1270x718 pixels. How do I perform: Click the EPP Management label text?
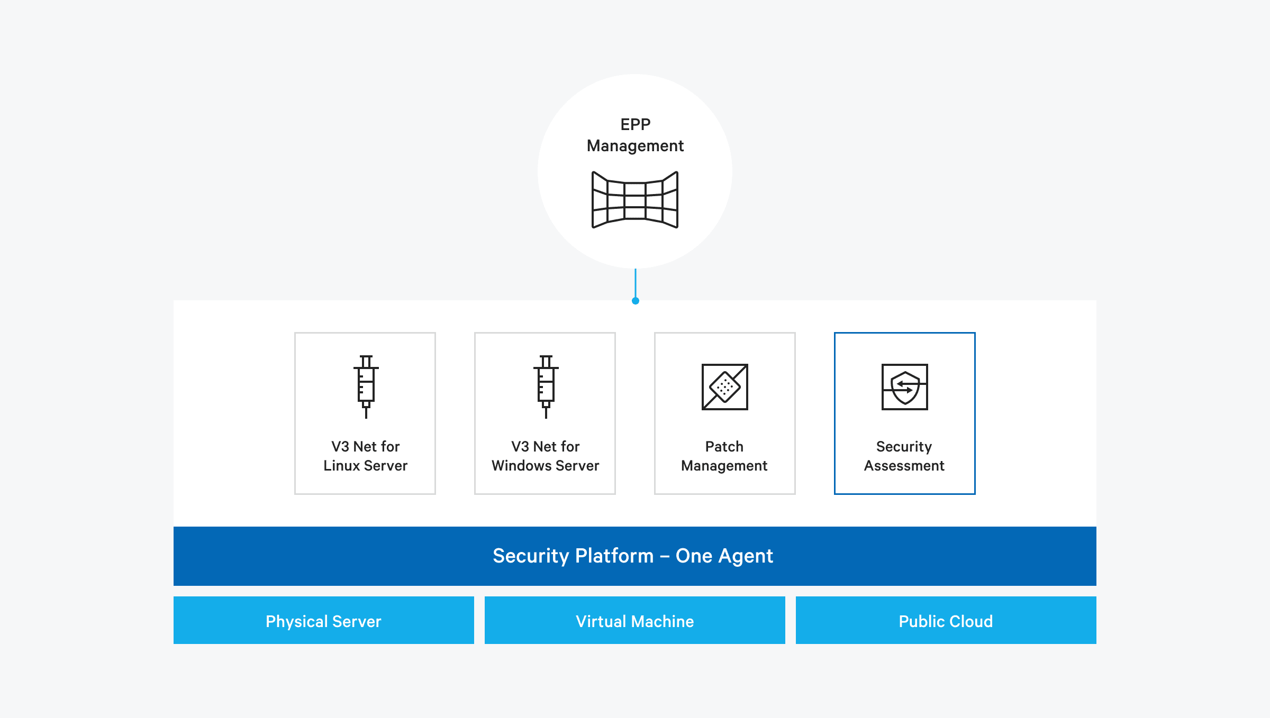coord(635,135)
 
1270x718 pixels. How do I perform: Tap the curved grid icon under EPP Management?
coord(635,200)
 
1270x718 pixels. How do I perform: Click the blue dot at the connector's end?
coord(636,301)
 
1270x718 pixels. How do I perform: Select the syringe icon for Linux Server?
coord(366,386)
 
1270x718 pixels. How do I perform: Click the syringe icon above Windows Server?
coord(546,386)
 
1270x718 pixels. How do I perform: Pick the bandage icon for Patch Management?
coord(724,386)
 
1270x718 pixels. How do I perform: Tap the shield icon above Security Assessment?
coord(904,386)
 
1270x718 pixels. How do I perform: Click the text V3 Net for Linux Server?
coord(365,456)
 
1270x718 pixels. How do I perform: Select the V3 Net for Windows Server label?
coord(545,456)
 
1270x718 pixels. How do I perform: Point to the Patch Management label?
coord(724,456)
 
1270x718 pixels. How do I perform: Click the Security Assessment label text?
coord(904,456)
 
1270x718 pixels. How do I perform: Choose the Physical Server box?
coord(323,620)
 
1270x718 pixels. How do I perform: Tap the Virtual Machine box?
coord(634,620)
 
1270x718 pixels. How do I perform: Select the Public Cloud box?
coord(946,620)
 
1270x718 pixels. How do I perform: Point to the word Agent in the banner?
coord(746,556)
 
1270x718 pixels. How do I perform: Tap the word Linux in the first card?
coord(342,466)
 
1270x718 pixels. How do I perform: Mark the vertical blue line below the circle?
coord(636,283)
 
